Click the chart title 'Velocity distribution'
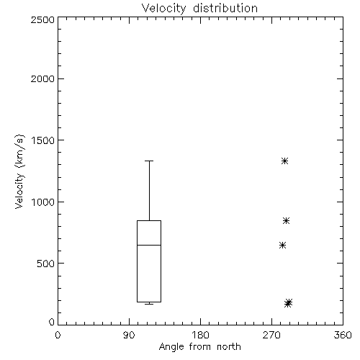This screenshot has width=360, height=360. point(199,8)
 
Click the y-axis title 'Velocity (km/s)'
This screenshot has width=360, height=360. point(19,172)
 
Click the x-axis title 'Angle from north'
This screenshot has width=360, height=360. point(199,346)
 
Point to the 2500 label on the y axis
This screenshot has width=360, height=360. point(42,19)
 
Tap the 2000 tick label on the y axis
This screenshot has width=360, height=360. point(42,78)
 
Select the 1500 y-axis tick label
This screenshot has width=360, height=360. point(43,140)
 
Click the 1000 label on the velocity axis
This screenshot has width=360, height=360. point(43,202)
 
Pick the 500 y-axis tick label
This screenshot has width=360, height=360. point(46,264)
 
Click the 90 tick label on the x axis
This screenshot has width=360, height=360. point(129,335)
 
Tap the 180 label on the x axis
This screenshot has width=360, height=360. point(200,335)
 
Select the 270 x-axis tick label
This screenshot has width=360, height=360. point(271,335)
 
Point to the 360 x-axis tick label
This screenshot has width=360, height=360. point(343,335)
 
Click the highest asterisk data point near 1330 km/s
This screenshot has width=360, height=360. point(284,161)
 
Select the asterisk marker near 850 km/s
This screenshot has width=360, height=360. point(286,220)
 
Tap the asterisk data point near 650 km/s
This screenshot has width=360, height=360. point(283,245)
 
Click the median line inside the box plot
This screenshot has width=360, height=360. point(149,245)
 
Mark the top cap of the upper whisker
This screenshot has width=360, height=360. point(149,161)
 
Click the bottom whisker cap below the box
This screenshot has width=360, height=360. point(149,304)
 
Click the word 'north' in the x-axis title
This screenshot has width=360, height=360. point(229,346)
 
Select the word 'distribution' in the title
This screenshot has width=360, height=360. point(225,8)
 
